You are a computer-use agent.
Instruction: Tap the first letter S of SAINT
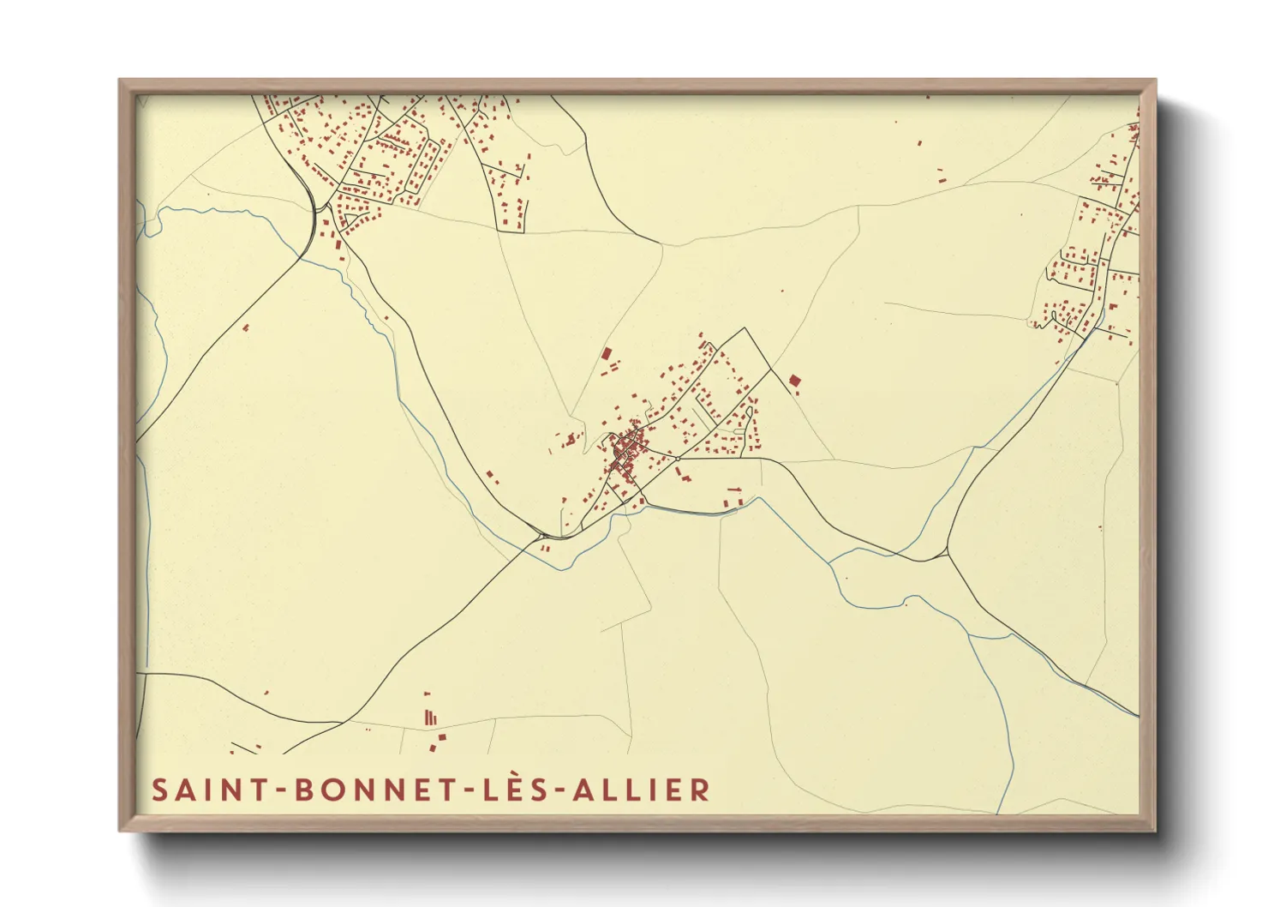point(159,790)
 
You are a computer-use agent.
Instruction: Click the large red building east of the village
point(794,380)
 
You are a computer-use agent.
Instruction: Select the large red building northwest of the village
point(607,353)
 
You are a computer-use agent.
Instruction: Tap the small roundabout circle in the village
point(678,459)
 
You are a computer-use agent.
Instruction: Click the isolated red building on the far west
point(246,327)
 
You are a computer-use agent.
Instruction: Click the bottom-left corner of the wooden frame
point(121,830)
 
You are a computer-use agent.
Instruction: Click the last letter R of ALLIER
point(699,790)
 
